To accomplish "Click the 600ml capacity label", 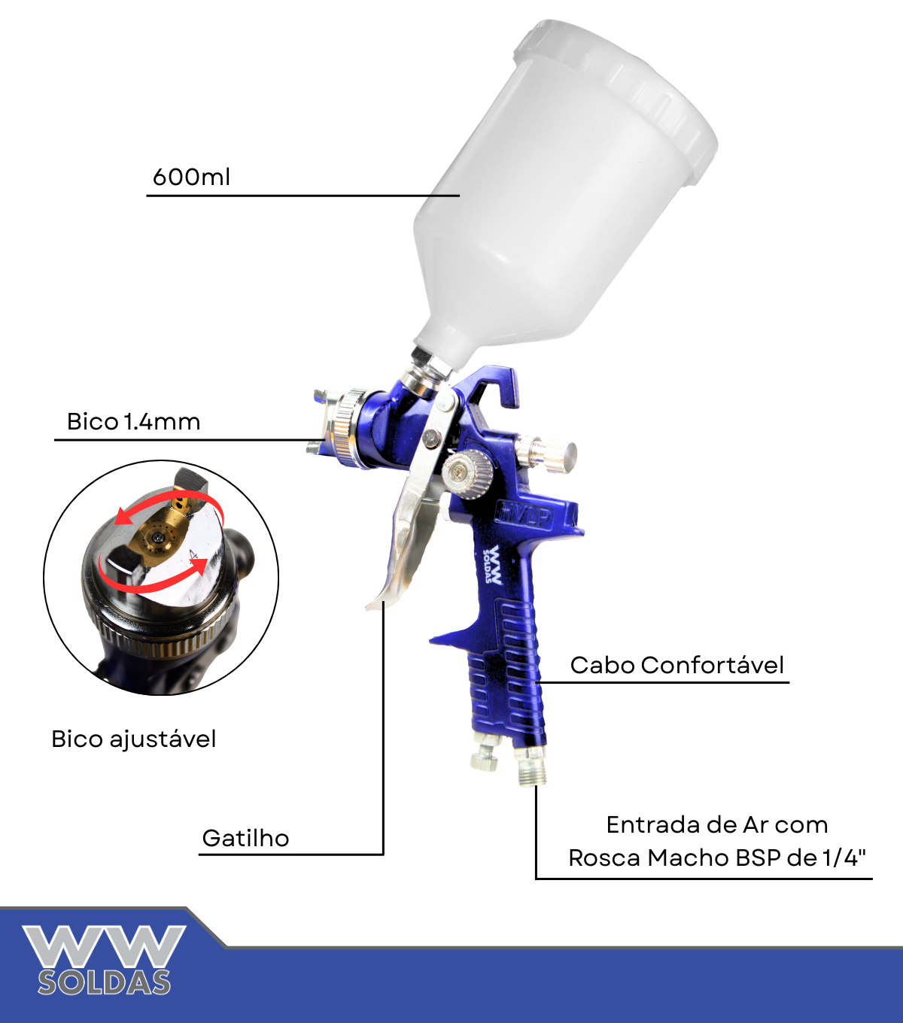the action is coord(191,178).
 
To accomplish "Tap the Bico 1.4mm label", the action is coord(133,422).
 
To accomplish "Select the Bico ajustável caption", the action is coord(133,739).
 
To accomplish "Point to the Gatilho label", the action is coord(245,839).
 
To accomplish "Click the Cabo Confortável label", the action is coord(677,665).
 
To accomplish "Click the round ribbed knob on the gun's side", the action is coord(467,474).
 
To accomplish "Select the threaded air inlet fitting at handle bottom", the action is coord(531,767).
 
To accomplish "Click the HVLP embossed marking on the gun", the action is coord(526,516).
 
